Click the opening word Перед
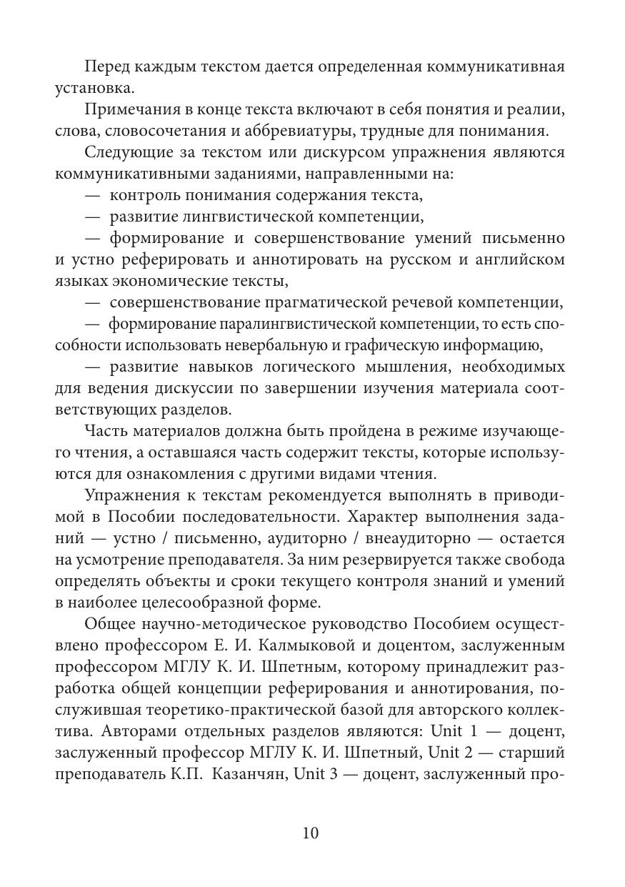(106, 67)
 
